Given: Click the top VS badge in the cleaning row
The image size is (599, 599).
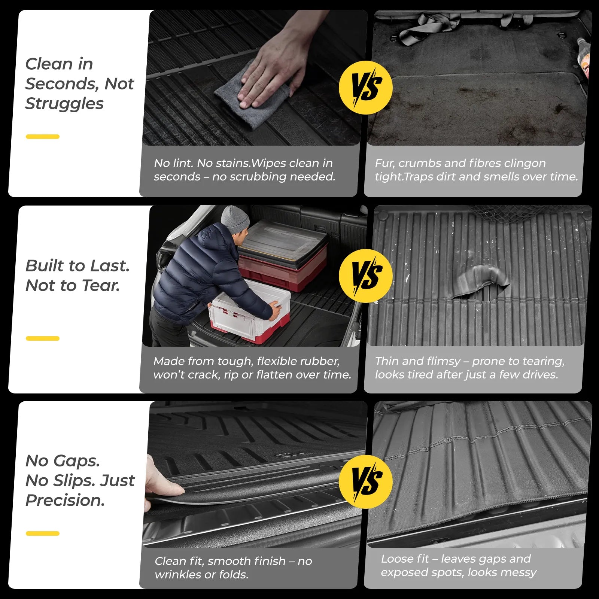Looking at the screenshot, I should click(365, 88).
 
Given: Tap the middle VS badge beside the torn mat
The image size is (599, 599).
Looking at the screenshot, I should click(365, 276).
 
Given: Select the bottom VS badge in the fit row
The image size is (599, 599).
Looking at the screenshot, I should click(365, 481).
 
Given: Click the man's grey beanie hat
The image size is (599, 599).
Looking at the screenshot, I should click(235, 220).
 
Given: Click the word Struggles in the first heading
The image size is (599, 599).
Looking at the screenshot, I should click(64, 104).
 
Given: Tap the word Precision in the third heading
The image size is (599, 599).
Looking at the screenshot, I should click(65, 501).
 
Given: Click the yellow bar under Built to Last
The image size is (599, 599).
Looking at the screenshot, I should click(42, 338).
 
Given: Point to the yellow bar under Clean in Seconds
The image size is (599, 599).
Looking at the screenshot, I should click(42, 137).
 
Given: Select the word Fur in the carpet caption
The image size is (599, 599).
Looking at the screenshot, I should click(383, 163).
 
